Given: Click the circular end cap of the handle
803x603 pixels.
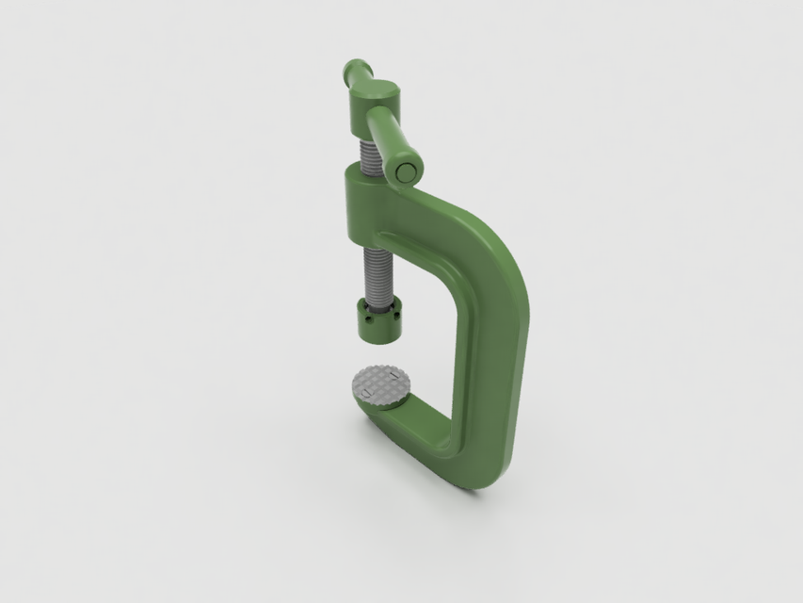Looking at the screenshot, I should pos(408,171).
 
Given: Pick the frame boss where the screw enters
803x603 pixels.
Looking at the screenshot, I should pos(363,197).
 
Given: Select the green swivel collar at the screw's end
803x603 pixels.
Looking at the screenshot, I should pos(379,320).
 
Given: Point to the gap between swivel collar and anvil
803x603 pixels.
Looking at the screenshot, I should pos(381,353).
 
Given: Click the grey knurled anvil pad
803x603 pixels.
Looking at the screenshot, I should pos(381,384).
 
